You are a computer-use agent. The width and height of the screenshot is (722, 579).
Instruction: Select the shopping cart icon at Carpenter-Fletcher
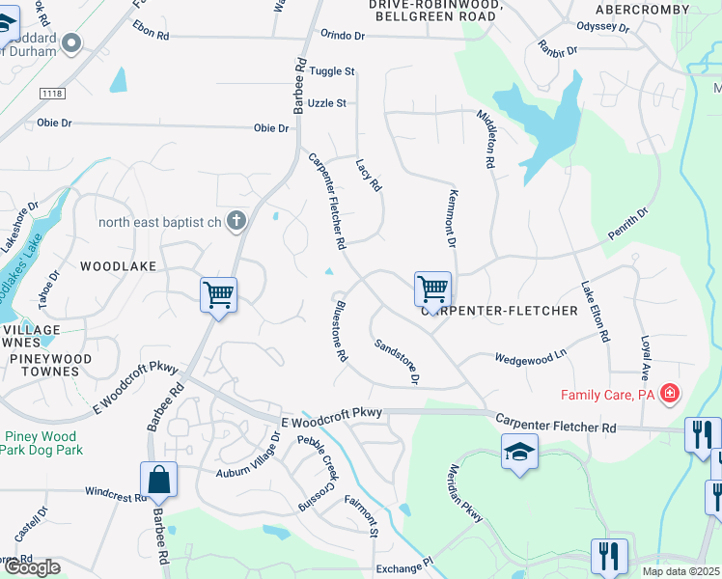click(x=432, y=288)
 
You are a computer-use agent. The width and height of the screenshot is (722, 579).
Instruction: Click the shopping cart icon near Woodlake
click(x=219, y=294)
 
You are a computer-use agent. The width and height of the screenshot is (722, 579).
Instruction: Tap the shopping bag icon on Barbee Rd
click(x=158, y=479)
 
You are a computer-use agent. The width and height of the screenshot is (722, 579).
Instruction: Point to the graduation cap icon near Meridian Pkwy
click(x=519, y=452)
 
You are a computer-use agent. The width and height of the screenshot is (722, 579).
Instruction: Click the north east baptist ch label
click(x=159, y=223)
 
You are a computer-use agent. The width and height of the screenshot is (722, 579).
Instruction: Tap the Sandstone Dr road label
click(x=397, y=361)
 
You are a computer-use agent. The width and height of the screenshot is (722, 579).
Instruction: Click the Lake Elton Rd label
click(x=596, y=312)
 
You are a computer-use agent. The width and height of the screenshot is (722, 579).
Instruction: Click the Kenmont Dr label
click(x=449, y=217)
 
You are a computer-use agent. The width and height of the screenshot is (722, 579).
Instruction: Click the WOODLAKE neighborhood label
click(x=118, y=265)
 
